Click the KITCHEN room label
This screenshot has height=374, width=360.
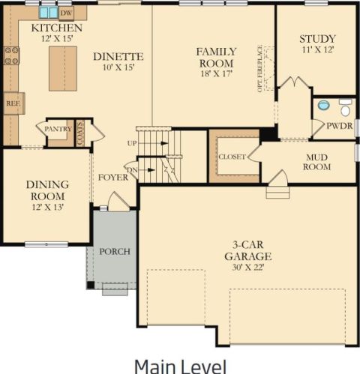tap(57, 28)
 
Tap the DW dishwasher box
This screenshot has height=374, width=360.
tap(66, 13)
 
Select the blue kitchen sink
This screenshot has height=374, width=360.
tap(49, 13)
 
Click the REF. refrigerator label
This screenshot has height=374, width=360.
tap(13, 103)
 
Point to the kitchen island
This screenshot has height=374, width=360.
tap(63, 68)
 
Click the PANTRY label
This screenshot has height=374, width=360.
tap(58, 129)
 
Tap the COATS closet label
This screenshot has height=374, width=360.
tap(80, 133)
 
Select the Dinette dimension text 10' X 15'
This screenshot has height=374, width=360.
tap(119, 67)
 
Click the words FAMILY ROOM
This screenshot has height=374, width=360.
tap(216, 58)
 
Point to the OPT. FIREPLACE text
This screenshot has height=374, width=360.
tap(260, 69)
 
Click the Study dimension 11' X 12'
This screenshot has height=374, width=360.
tap(318, 49)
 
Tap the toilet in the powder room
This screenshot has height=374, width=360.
tap(346, 107)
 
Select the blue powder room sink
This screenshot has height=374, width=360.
tap(324, 105)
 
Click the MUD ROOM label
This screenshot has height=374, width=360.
tap(316, 162)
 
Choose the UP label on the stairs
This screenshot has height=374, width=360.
tap(132, 143)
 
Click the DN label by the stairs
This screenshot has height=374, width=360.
tap(132, 170)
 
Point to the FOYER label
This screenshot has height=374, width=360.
tap(113, 178)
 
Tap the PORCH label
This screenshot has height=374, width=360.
tap(115, 251)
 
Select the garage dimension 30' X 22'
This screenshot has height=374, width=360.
tap(248, 268)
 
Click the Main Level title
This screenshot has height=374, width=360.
tap(181, 367)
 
